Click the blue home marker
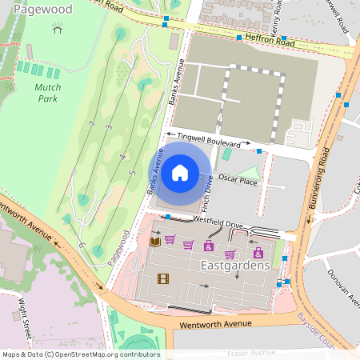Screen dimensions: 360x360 (180, 171)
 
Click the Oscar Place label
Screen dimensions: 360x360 (238, 180)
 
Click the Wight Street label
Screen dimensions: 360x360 (25, 318)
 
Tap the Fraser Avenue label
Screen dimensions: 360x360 (252, 352)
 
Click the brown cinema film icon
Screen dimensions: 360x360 (163, 278)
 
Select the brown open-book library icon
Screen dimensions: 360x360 (155, 240)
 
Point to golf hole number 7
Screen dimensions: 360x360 (92, 123)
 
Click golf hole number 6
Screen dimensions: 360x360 (82, 244)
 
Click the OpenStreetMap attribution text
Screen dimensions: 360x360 (81, 354)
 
